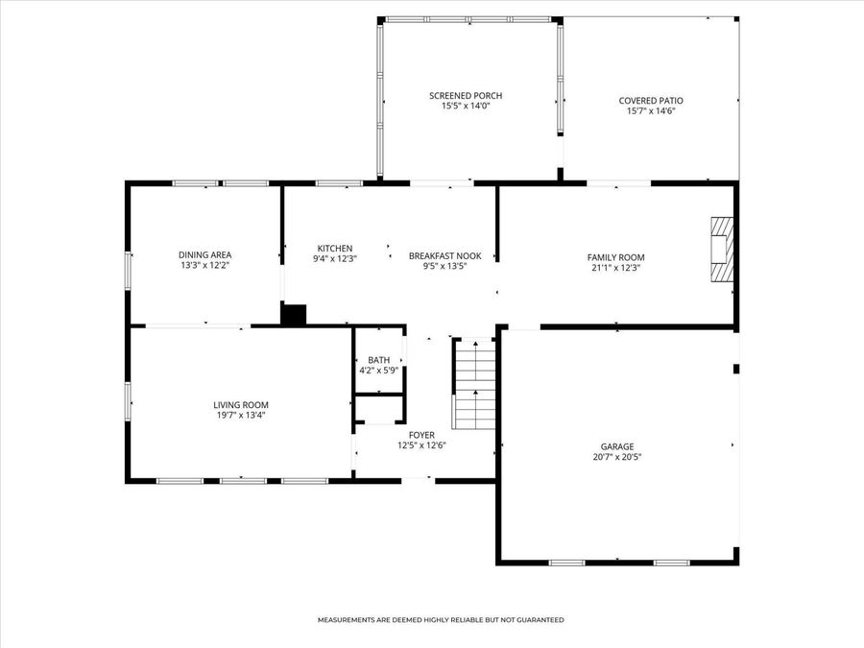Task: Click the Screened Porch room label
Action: click(466, 95)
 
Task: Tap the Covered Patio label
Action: click(651, 100)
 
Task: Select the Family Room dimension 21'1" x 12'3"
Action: click(615, 268)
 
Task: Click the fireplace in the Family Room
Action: click(721, 249)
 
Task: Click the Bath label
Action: click(378, 360)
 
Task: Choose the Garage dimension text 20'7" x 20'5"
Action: click(616, 457)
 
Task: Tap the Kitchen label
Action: click(335, 248)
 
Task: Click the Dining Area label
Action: click(204, 254)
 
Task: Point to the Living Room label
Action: click(241, 405)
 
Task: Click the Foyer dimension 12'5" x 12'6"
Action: click(421, 444)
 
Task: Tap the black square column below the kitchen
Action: click(293, 315)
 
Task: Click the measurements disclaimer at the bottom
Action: click(441, 620)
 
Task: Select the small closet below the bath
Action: click(378, 409)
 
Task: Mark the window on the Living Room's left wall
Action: click(128, 401)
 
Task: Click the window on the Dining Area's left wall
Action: click(128, 270)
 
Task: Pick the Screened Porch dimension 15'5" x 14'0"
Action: click(466, 106)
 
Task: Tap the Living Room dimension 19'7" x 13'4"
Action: click(241, 416)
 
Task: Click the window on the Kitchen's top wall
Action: click(339, 183)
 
